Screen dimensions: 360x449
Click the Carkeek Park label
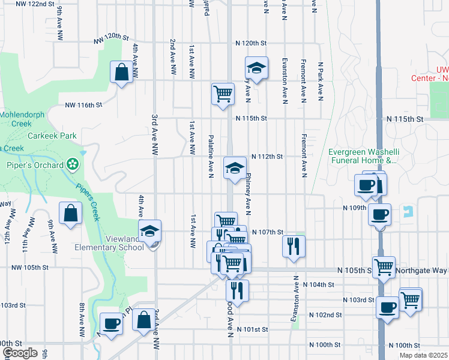coord(52,136)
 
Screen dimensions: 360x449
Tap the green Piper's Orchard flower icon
coord(72,163)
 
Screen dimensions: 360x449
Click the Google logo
coord(19,353)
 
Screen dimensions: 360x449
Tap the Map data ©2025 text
coord(423,355)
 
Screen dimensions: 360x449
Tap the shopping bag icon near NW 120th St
coord(122,73)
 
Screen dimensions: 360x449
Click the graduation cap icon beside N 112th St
coord(235,168)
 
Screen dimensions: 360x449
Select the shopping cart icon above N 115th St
coord(223,94)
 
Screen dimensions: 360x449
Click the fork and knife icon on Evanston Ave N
coord(294,246)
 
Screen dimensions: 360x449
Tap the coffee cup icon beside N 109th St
coord(379,214)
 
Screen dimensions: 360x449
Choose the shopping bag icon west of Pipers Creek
coord(70,213)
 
